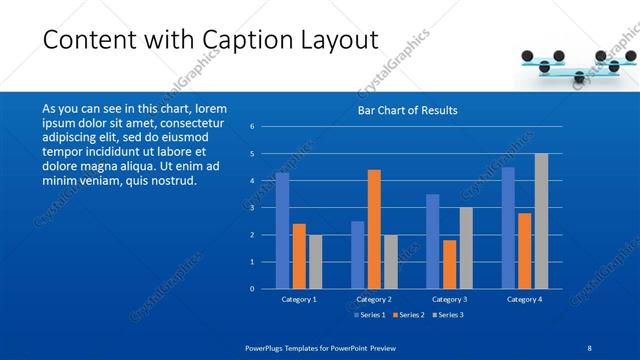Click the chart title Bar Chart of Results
(407, 110)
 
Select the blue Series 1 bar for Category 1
(282, 231)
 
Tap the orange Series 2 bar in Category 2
(374, 229)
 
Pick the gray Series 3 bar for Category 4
(541, 221)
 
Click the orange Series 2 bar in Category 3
(449, 264)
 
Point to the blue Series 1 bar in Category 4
(508, 228)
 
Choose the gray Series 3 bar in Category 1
(315, 262)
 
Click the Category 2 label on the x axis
(374, 299)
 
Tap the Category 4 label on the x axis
(524, 299)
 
